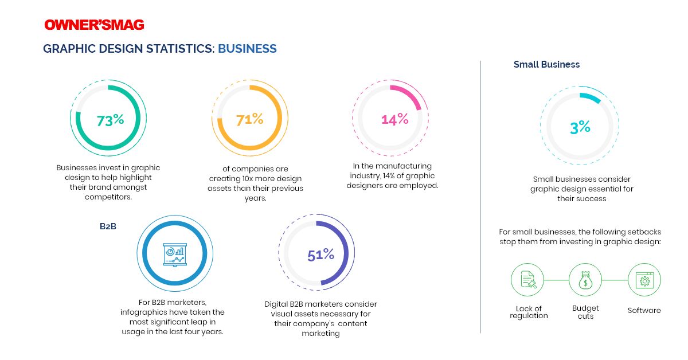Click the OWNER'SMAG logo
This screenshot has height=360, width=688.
pos(94,25)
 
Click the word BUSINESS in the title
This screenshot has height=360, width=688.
pos(247,49)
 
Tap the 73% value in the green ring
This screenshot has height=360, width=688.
pos(110,120)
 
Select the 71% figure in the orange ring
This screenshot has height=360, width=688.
pos(250,120)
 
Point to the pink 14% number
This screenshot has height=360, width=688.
pos(395,119)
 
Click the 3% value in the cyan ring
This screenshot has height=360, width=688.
pos(580,128)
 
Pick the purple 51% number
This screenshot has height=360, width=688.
pos(320,255)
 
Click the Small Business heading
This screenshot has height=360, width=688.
pos(546,65)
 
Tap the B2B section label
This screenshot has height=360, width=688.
pos(108,226)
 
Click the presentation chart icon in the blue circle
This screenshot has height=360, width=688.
pos(176,254)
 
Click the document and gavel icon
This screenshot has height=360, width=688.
pos(527,280)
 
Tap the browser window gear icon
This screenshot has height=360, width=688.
pos(644,280)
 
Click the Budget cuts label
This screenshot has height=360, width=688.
pos(585,312)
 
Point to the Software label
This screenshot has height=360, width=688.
pos(644,311)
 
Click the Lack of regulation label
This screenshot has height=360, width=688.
pos(529,312)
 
